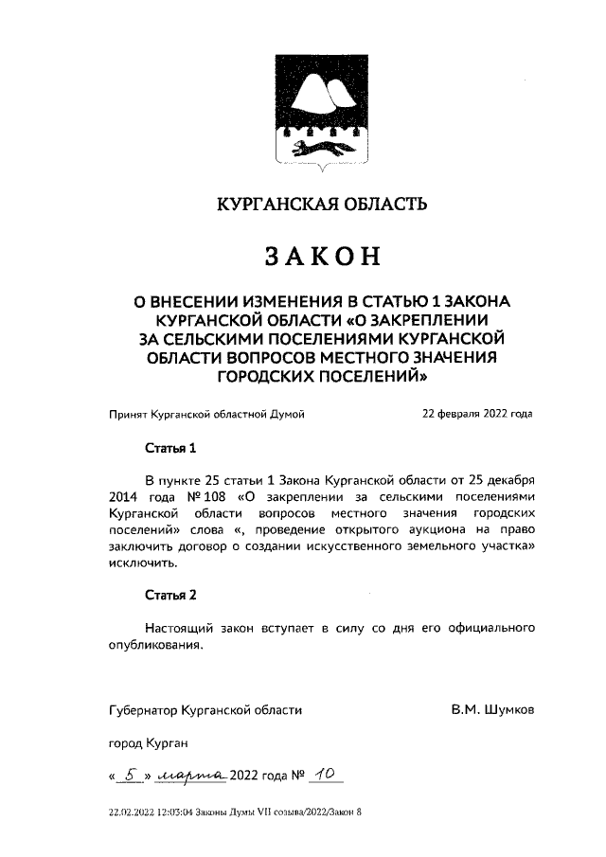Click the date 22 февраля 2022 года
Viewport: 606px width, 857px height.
[x=477, y=414]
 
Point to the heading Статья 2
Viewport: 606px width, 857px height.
[x=170, y=596]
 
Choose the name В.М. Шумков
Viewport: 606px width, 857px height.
[x=491, y=708]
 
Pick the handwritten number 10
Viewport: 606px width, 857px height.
[x=328, y=776]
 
